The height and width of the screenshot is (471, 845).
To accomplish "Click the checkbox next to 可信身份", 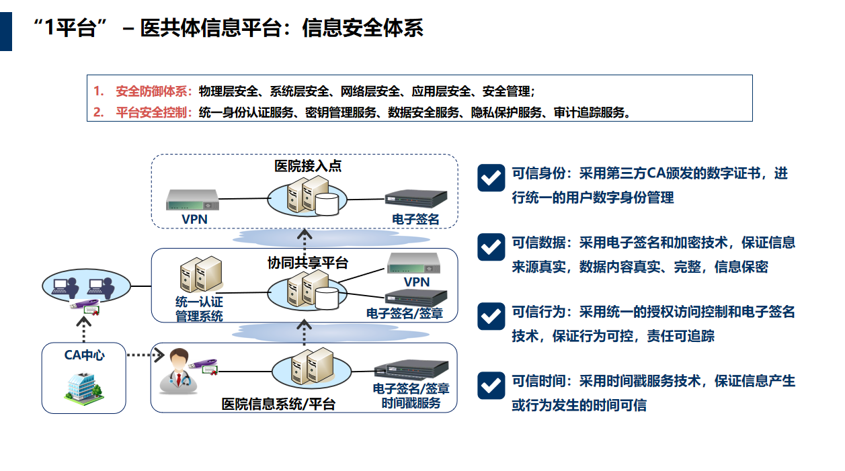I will pyautogui.click(x=491, y=177).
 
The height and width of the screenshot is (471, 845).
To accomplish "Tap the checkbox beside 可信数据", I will pyautogui.click(x=491, y=247).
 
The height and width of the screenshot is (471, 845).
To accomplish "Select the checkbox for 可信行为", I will pyautogui.click(x=491, y=316).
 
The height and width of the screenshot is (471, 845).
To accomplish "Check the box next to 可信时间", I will pyautogui.click(x=491, y=385).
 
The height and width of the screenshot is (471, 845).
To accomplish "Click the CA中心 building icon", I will pyautogui.click(x=83, y=386).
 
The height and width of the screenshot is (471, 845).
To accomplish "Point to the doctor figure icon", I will pyautogui.click(x=176, y=370).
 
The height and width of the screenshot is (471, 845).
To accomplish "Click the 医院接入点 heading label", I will pyautogui.click(x=308, y=166).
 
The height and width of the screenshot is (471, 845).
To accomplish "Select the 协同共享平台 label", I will pyautogui.click(x=308, y=263).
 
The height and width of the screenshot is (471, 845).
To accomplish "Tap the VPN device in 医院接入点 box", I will pyautogui.click(x=194, y=200).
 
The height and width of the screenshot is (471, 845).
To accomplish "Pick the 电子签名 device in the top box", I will pyautogui.click(x=415, y=199).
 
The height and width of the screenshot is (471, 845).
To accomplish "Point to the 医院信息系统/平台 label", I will pyautogui.click(x=278, y=404).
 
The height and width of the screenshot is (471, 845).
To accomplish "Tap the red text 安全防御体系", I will pyautogui.click(x=154, y=91).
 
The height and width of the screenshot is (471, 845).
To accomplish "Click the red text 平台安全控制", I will pyautogui.click(x=154, y=112).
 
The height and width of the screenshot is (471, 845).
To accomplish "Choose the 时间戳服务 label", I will pyautogui.click(x=411, y=402).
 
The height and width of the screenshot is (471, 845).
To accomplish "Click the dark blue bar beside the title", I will pyautogui.click(x=6, y=31).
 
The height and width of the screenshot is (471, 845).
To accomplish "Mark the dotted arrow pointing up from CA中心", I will pyautogui.click(x=84, y=329).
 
